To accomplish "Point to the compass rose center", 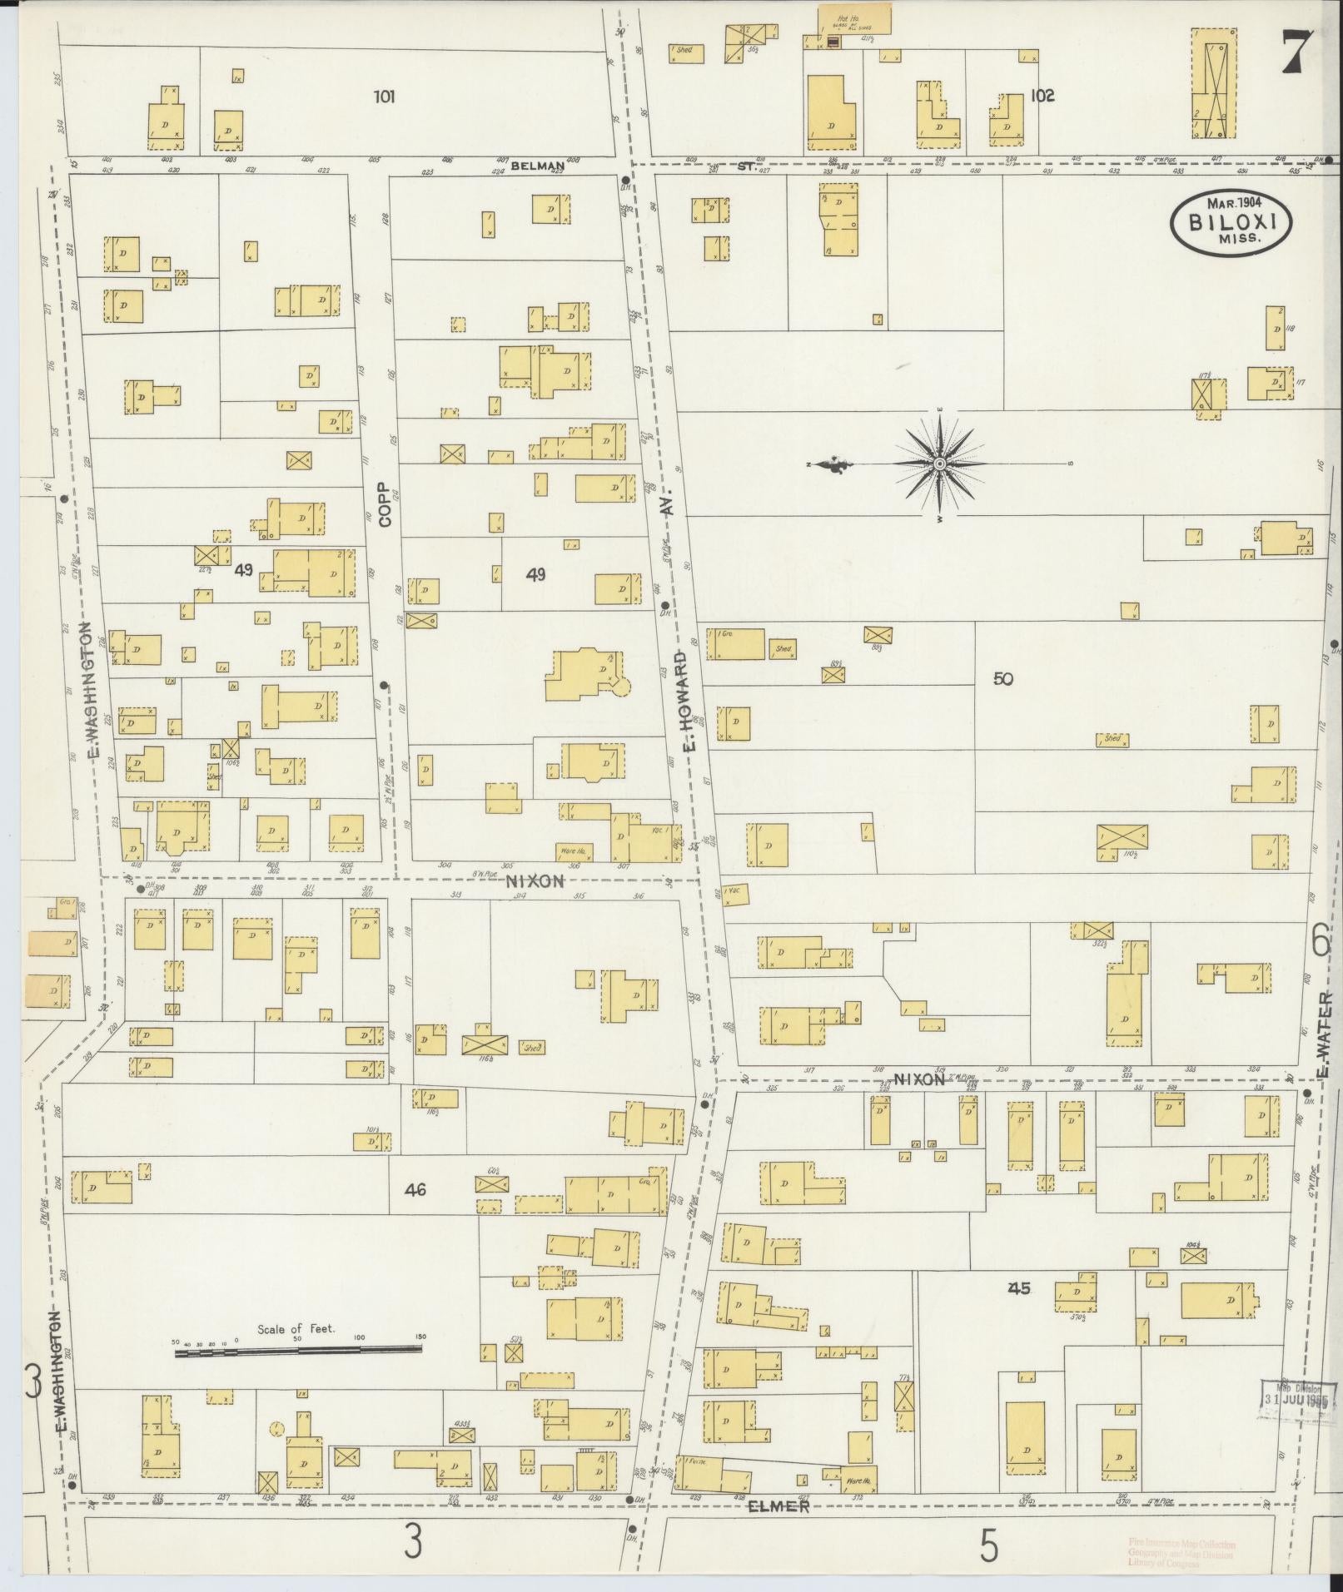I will (x=939, y=464).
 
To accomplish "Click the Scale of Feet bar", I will (x=297, y=1354).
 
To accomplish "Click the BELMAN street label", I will (x=538, y=166).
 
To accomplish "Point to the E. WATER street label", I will (x=1324, y=1032).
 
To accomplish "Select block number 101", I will (x=384, y=97).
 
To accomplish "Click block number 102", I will (x=1042, y=96).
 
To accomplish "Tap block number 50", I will (x=1002, y=679).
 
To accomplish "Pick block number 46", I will (x=415, y=1191).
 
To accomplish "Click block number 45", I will (x=1019, y=1288).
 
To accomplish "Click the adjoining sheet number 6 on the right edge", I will (x=1321, y=941).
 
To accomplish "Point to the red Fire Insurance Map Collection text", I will (x=1181, y=1545).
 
